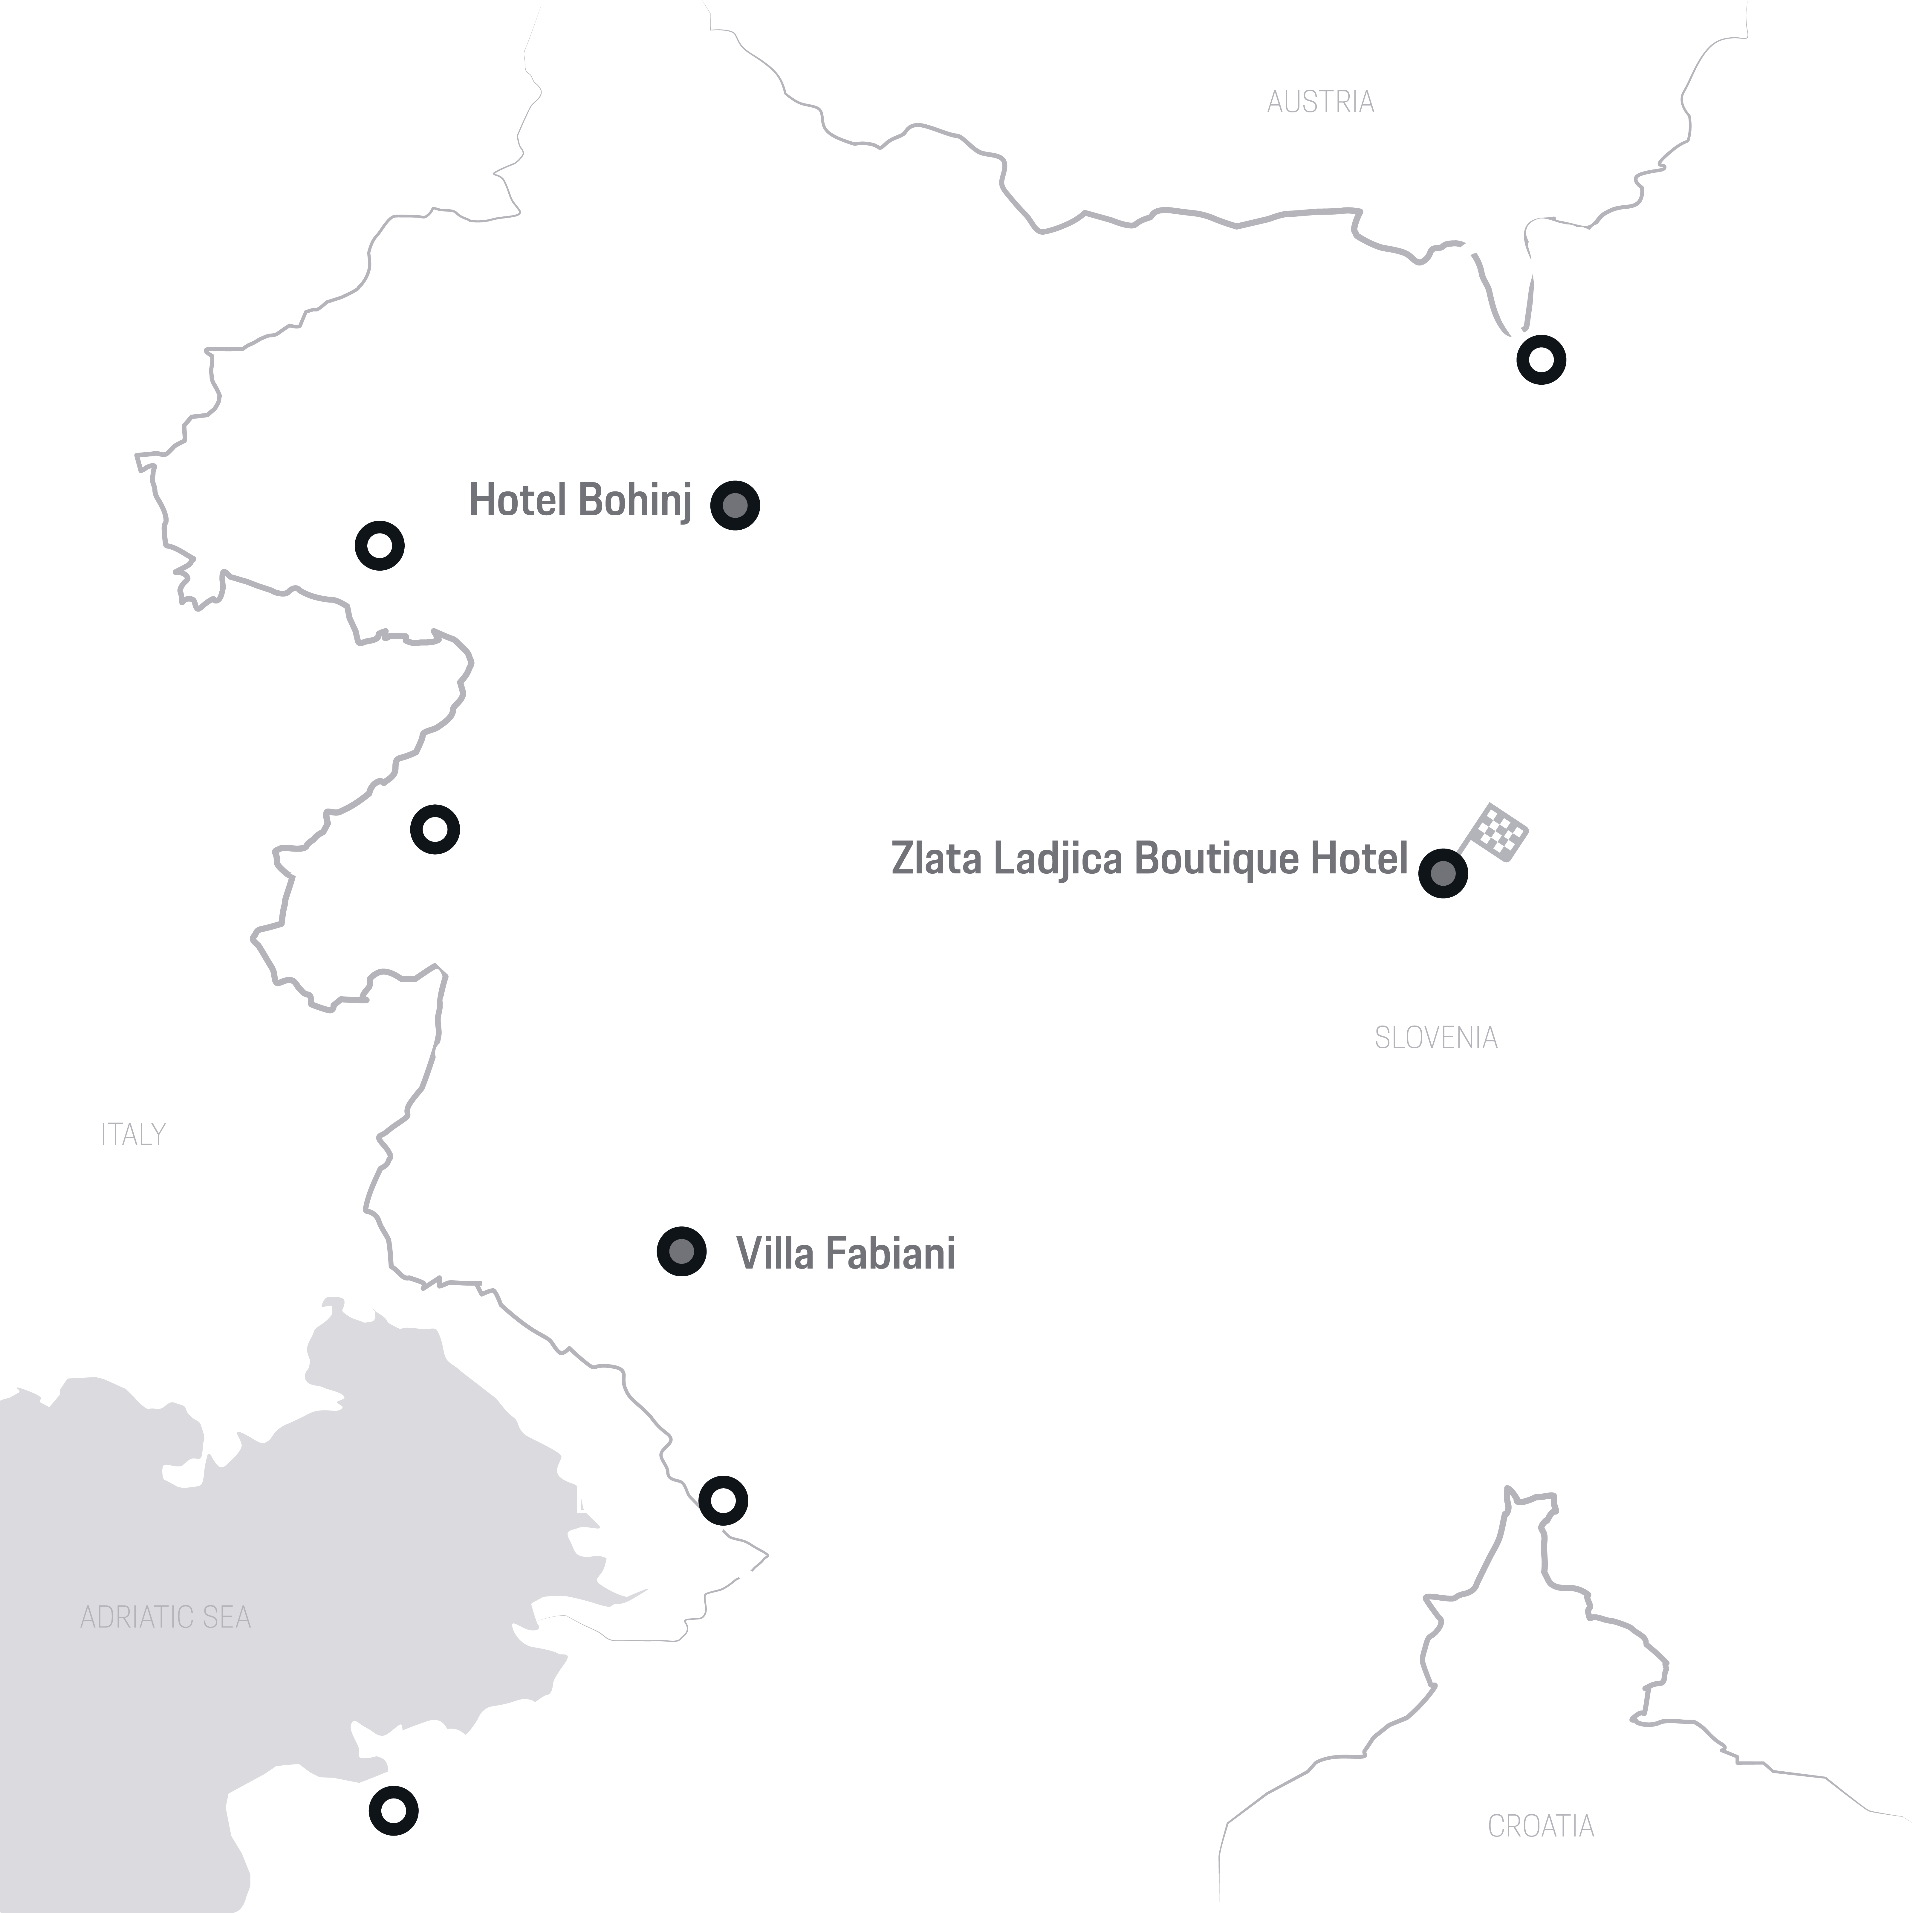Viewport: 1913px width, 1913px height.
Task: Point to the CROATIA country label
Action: point(1541,1826)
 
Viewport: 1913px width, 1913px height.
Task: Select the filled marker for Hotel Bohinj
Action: point(735,505)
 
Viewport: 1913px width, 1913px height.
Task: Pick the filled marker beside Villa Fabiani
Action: point(681,1252)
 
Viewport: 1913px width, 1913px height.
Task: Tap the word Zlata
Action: point(937,858)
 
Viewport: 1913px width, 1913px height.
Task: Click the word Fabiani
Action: point(888,1254)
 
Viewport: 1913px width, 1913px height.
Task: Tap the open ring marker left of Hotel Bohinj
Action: point(379,545)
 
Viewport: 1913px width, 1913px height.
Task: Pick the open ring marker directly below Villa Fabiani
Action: point(723,1500)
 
